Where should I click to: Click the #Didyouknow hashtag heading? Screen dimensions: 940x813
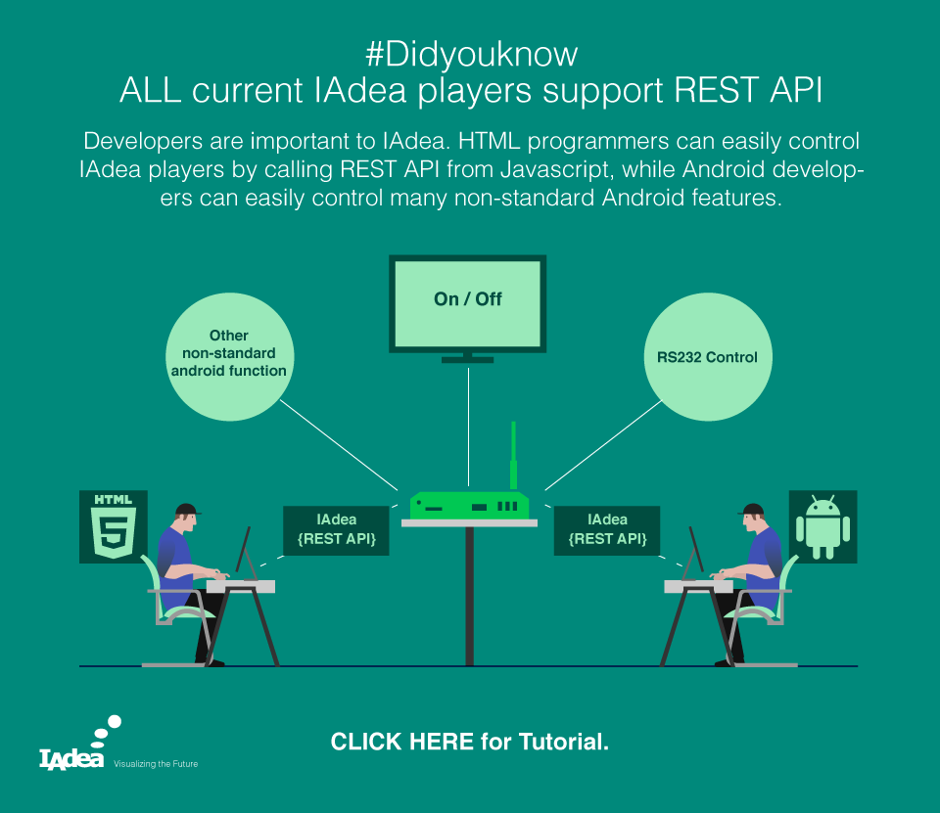(x=471, y=54)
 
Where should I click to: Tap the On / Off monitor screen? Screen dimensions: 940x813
(x=468, y=303)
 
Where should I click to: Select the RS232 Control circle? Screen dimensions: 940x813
(x=708, y=357)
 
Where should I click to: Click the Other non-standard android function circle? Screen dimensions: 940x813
(x=229, y=357)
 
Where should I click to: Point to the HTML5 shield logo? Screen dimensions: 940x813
(x=114, y=526)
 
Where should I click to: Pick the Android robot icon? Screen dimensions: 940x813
(x=823, y=526)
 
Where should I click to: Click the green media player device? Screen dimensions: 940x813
(x=469, y=506)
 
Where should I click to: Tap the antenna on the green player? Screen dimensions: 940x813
(x=513, y=456)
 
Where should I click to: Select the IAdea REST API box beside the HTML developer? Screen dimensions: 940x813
(x=336, y=530)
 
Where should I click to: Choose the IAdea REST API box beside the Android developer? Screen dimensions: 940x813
(x=607, y=530)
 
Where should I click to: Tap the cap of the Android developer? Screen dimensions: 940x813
(x=751, y=510)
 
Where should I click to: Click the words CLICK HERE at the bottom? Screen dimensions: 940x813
(x=402, y=742)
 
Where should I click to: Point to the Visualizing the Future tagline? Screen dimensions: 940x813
(x=156, y=764)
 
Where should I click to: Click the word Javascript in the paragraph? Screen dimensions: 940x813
(x=557, y=169)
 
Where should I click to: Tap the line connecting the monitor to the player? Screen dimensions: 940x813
(x=468, y=426)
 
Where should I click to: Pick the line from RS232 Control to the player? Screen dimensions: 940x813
(x=603, y=445)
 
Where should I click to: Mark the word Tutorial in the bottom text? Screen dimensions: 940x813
(x=564, y=742)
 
